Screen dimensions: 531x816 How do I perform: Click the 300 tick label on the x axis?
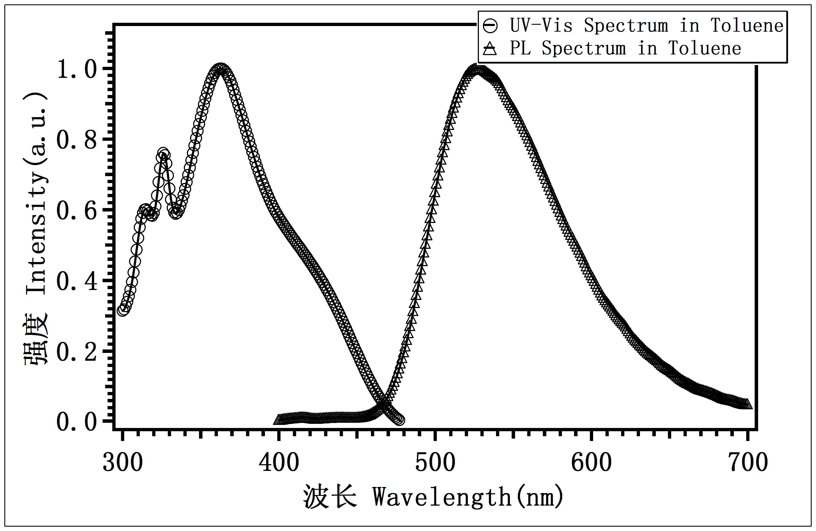[x=122, y=462]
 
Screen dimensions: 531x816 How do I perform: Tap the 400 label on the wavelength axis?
[x=279, y=462]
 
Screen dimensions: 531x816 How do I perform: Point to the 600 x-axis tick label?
[x=591, y=462]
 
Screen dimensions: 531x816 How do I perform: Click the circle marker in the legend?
[x=490, y=26]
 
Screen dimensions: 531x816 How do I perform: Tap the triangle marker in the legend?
[x=490, y=49]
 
